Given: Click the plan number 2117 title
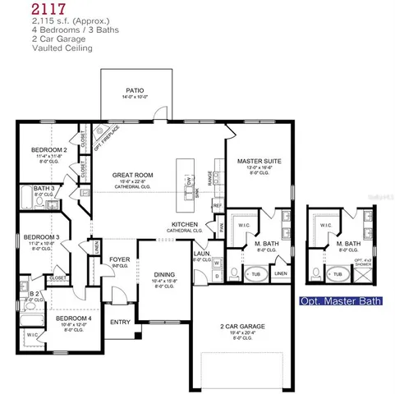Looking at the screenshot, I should pyautogui.click(x=22, y=9).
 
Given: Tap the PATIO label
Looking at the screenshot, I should pyautogui.click(x=135, y=91).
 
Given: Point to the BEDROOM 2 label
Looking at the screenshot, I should pyautogui.click(x=48, y=150).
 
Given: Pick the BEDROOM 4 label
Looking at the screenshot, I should pyautogui.click(x=72, y=317).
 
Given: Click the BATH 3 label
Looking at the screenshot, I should pyautogui.click(x=43, y=189).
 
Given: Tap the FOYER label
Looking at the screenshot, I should pyautogui.click(x=120, y=259).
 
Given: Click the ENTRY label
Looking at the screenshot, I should pyautogui.click(x=120, y=322).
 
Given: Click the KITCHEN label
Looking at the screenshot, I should pyautogui.click(x=184, y=224).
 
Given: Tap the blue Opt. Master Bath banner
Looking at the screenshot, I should pyautogui.click(x=341, y=301).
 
